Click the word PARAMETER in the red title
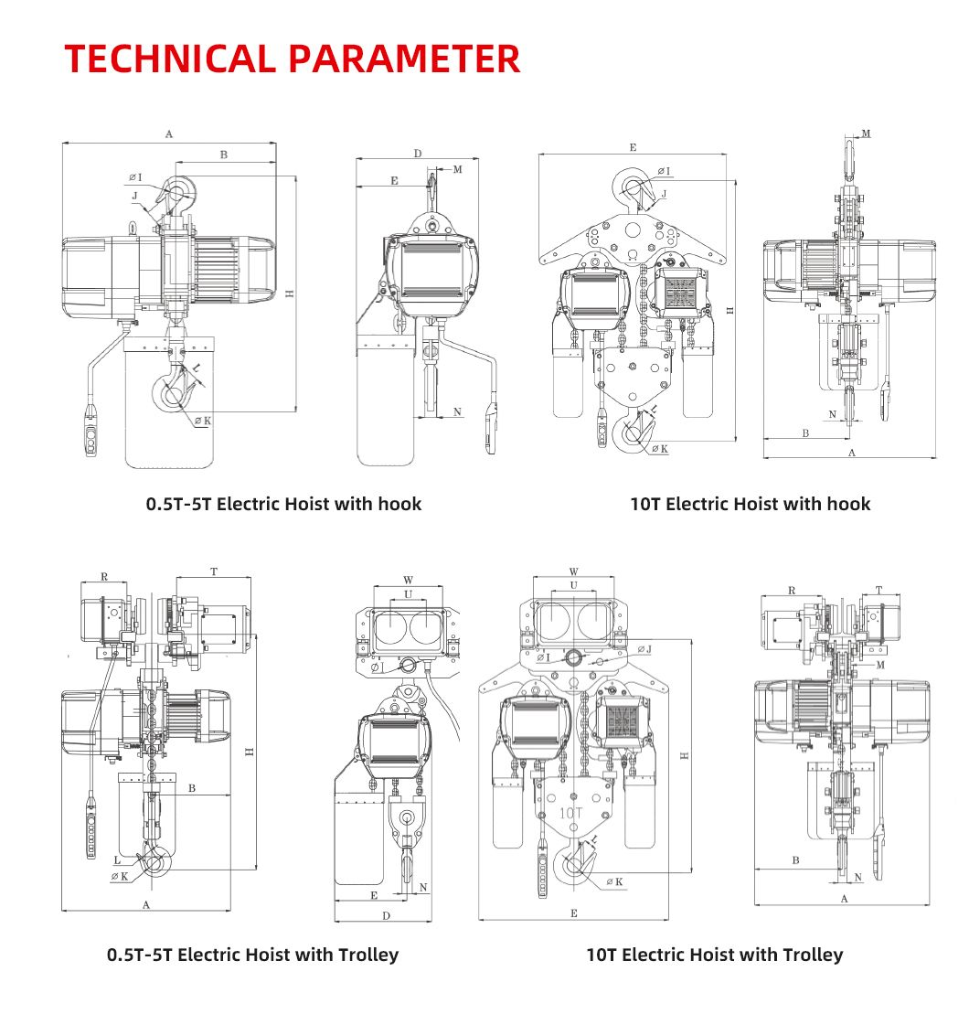(x=405, y=59)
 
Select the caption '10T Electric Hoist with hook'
(x=750, y=504)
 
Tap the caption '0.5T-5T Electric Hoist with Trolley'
(x=252, y=955)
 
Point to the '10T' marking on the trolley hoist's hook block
(x=571, y=811)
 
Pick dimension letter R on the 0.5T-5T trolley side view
(x=103, y=577)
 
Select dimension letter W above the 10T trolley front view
(x=573, y=572)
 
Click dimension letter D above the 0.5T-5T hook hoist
(x=417, y=154)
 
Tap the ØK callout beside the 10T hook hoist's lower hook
(x=658, y=449)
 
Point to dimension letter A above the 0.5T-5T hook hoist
(x=169, y=134)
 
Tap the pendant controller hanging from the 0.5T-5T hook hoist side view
(x=91, y=435)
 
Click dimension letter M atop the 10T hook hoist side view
(x=866, y=133)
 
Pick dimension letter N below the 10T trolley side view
(x=857, y=878)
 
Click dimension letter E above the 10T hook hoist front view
(x=633, y=146)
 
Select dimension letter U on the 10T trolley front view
(x=573, y=585)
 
